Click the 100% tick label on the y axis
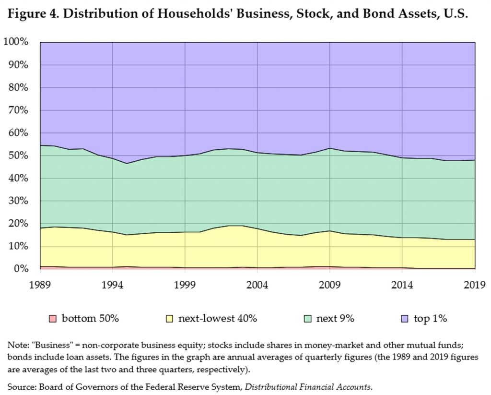coord(17,42)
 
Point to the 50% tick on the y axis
coord(20,156)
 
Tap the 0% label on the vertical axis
coord(22,269)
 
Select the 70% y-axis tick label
coord(20,110)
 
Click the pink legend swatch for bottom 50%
coord(53,319)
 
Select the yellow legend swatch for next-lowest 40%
coord(170,319)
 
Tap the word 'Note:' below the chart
coord(17,345)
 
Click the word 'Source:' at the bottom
coord(22,385)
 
